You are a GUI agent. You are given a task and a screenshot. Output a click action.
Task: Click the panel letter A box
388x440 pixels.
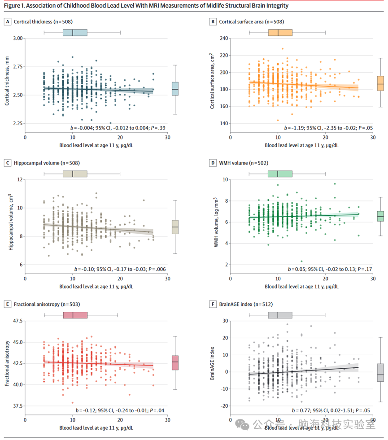coord(7,22)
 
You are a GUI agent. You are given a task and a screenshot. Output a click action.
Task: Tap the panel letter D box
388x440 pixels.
coord(213,163)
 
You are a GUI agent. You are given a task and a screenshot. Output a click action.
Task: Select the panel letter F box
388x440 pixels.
coord(213,305)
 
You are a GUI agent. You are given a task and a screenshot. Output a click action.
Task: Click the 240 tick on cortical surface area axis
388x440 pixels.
coord(222,39)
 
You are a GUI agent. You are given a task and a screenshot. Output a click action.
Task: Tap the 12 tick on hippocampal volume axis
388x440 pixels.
coord(19,180)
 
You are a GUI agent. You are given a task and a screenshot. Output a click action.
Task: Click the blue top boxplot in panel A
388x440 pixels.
coord(74,32)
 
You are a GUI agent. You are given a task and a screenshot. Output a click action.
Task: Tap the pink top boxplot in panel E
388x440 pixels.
coord(75,315)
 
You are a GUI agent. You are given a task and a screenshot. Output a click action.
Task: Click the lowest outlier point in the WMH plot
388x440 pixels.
coord(301,261)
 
